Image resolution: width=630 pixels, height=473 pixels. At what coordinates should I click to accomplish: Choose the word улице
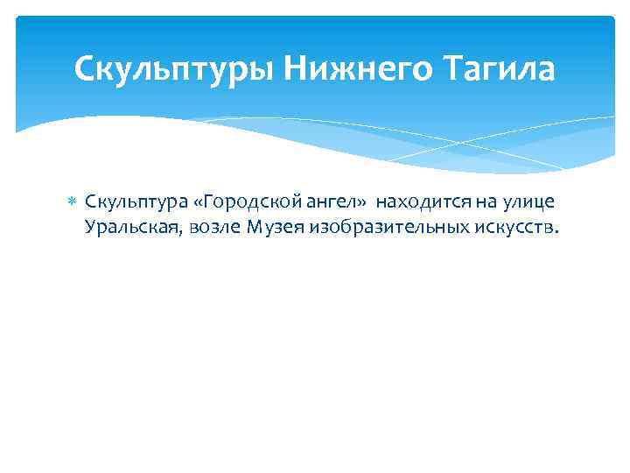click(528, 202)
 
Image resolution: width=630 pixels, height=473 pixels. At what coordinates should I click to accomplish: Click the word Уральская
click(125, 228)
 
